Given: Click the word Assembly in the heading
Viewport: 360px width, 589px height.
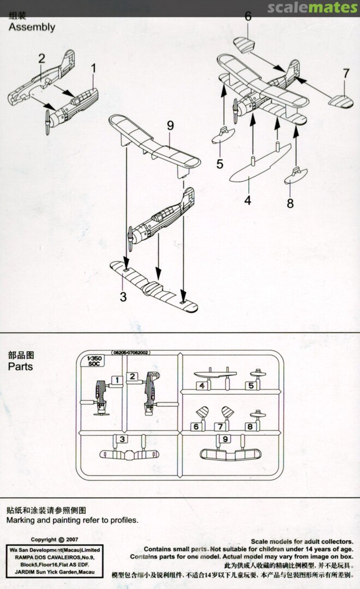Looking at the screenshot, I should click(32, 27).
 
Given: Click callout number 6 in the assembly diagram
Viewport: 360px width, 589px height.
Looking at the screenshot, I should click(248, 16).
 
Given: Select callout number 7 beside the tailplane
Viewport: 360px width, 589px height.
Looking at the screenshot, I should click(345, 73).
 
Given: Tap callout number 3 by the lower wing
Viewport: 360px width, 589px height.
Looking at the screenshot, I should click(123, 297).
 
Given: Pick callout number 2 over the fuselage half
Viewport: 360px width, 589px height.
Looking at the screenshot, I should click(41, 59).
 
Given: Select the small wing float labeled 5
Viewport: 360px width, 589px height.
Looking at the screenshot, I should click(223, 135).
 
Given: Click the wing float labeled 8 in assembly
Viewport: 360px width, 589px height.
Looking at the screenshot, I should click(295, 175).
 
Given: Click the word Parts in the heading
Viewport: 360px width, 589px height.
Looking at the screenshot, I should click(20, 367).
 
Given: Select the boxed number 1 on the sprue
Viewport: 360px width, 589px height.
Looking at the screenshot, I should click(116, 378).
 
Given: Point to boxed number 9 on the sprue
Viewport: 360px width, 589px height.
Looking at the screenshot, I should click(223, 439).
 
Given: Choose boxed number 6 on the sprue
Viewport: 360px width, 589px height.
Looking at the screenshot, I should click(196, 427).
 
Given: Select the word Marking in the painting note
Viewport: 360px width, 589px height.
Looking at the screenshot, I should click(23, 520).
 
